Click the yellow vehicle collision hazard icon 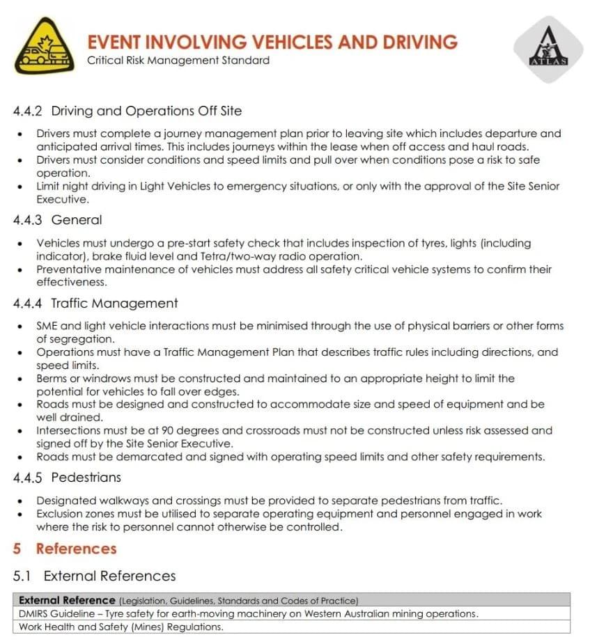(43, 46)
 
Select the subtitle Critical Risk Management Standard (178, 61)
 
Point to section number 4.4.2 (28, 111)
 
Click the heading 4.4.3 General (58, 220)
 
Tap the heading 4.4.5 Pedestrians (67, 478)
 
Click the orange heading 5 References (65, 549)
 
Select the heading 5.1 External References (95, 576)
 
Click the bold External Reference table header (67, 600)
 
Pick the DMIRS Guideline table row (249, 613)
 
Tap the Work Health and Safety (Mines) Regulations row (121, 627)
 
